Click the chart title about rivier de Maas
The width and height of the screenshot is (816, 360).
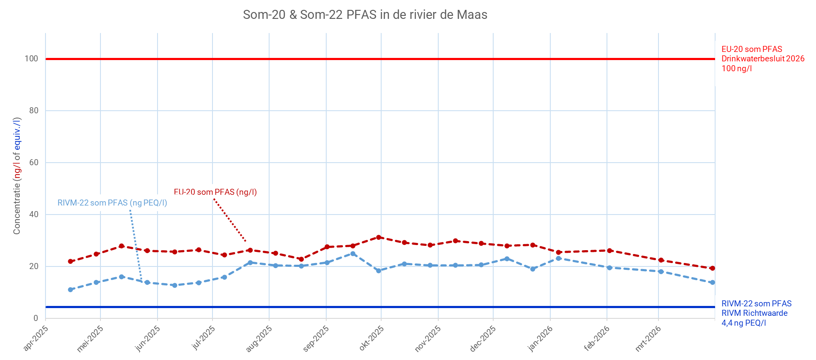[365, 15]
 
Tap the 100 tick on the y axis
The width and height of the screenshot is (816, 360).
[31, 59]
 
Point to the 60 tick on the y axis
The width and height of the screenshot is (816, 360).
[33, 163]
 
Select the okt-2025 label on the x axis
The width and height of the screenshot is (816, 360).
[372, 338]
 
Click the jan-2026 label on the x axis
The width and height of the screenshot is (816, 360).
[540, 338]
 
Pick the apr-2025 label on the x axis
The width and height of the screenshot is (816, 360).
[36, 338]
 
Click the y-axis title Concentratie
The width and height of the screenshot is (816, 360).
[17, 176]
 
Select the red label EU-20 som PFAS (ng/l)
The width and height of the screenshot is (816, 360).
[215, 192]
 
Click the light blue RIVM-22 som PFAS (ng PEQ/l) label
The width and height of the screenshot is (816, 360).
[112, 203]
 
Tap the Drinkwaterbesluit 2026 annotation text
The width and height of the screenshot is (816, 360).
[763, 59]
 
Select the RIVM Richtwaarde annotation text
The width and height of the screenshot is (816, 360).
[754, 313]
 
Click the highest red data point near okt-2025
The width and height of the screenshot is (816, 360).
[379, 237]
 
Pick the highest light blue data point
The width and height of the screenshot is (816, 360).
[353, 254]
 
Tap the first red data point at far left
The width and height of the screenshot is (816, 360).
[70, 261]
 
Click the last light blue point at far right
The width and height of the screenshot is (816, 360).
[713, 282]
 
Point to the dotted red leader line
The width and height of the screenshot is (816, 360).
[230, 220]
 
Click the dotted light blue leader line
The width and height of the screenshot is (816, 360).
[135, 245]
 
